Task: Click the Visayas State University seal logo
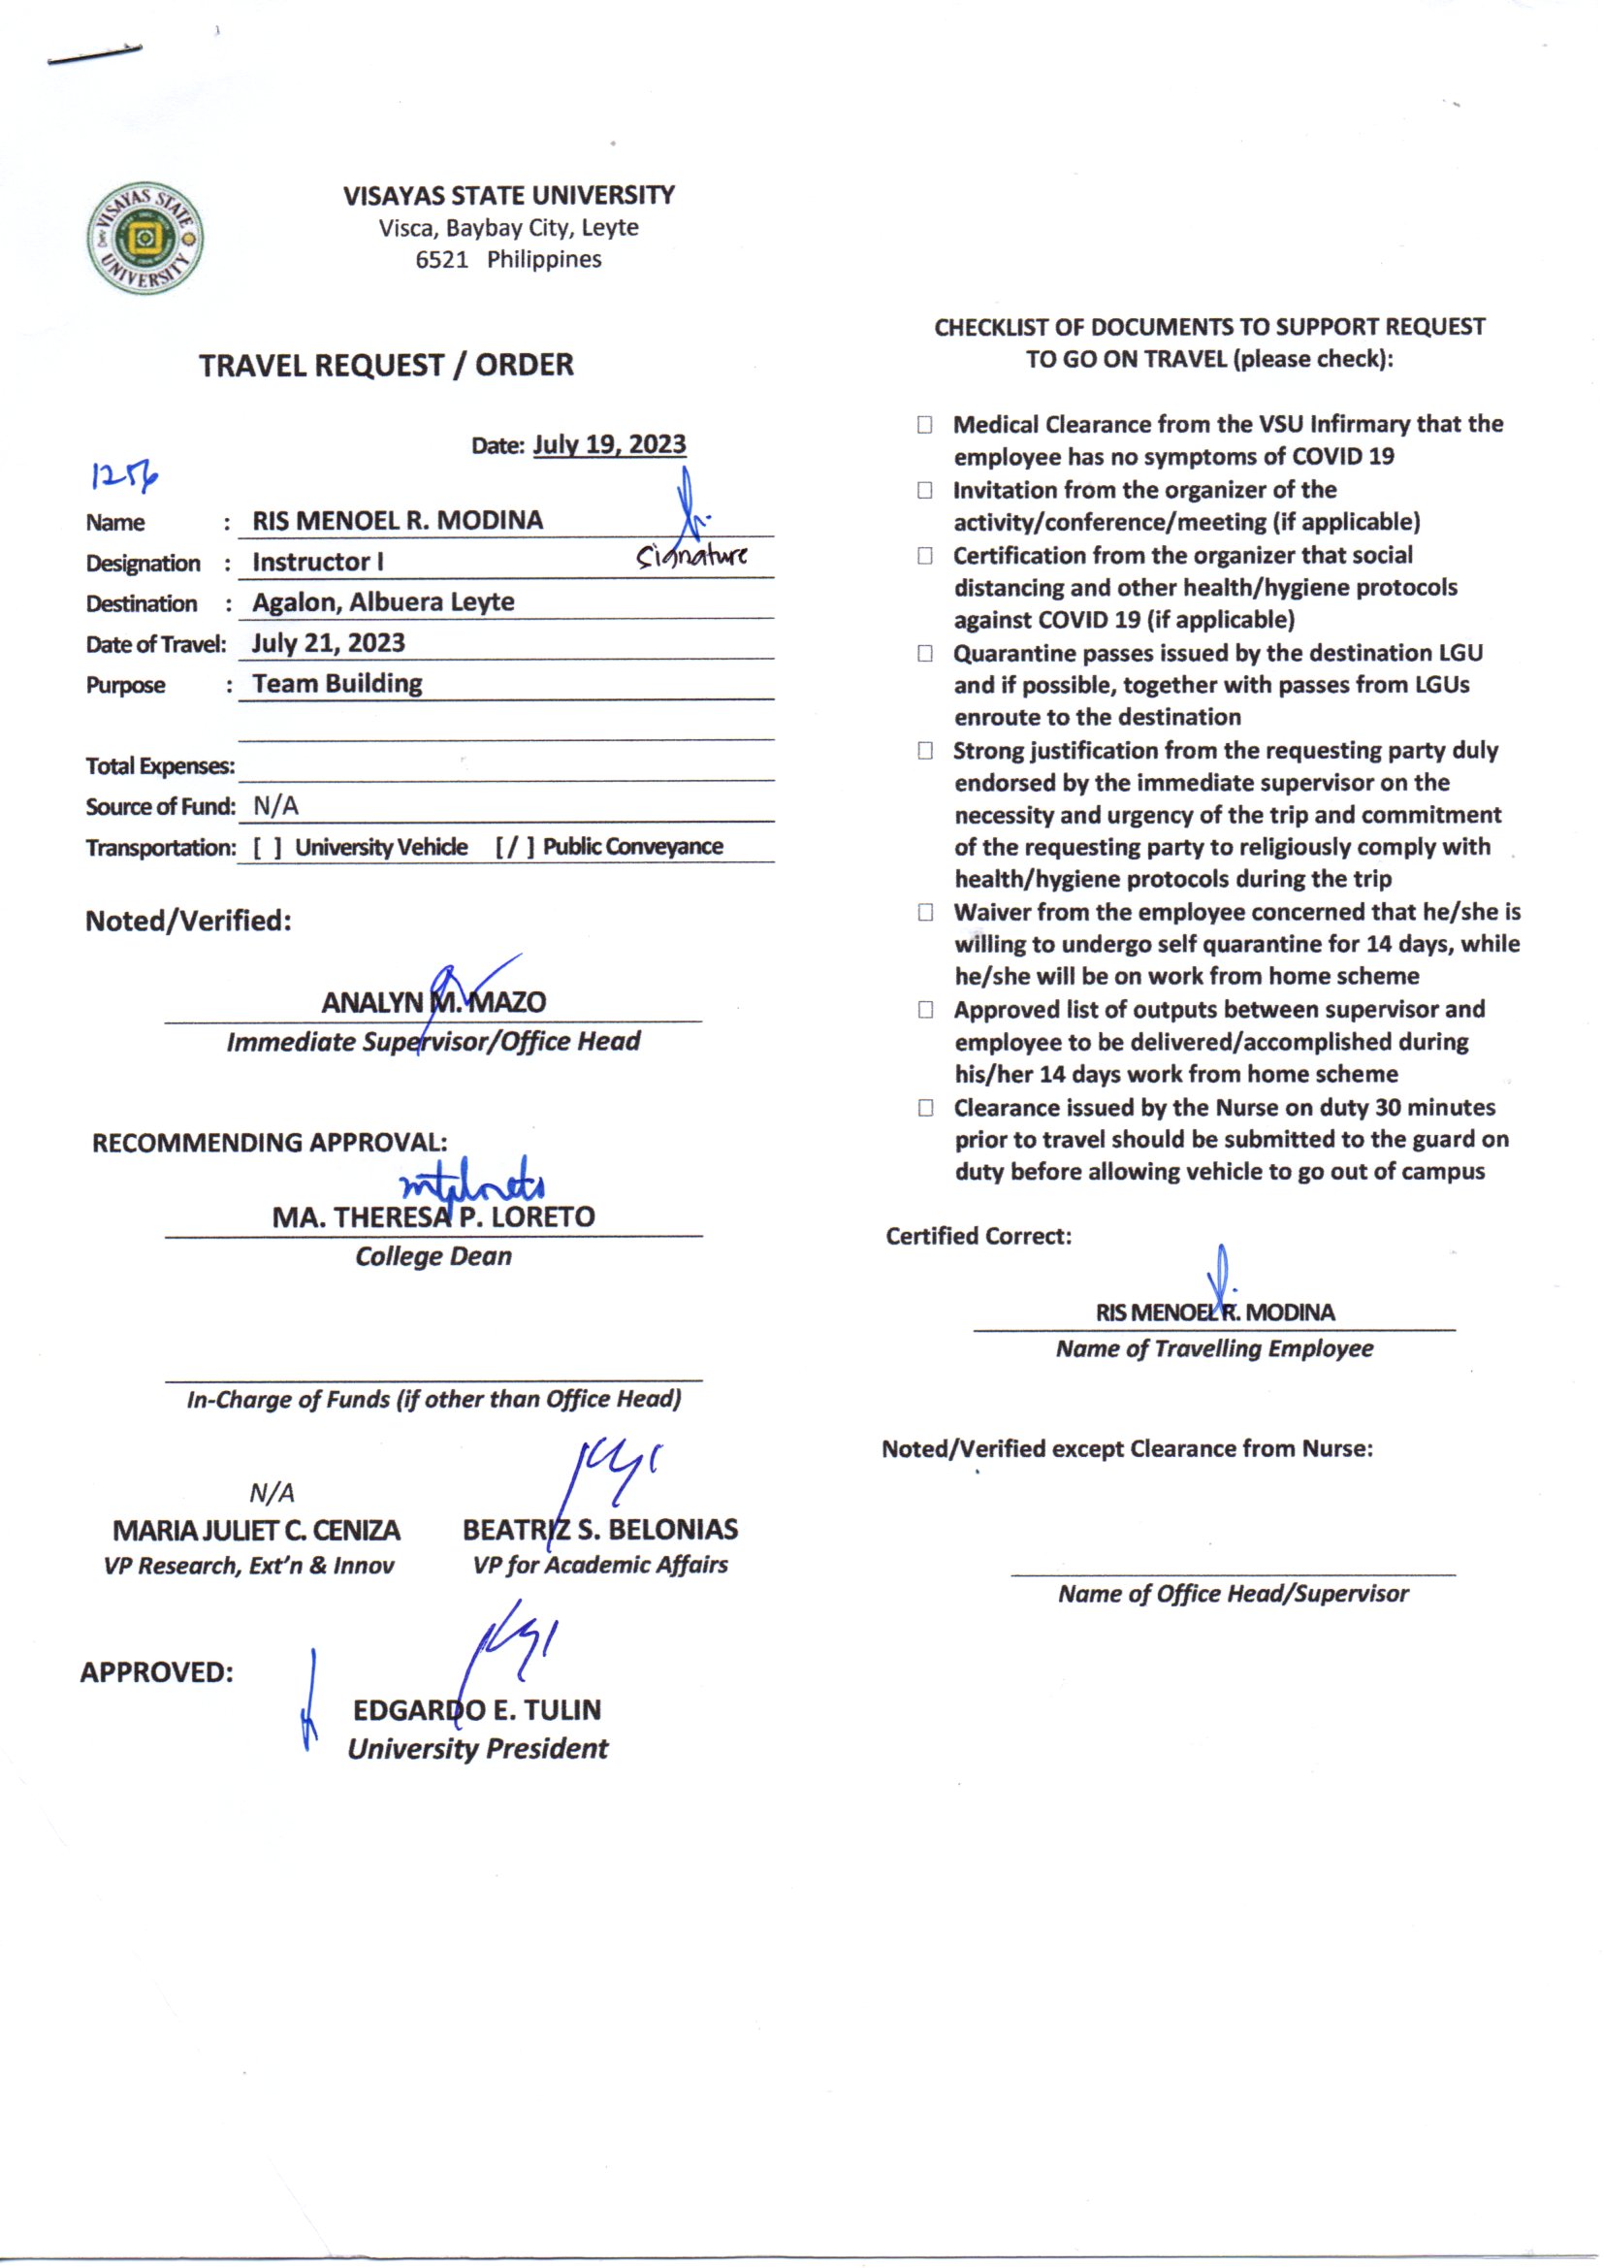click(x=145, y=238)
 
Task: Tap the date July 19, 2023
click(x=608, y=444)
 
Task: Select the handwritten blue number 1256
click(x=124, y=477)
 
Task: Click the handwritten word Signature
click(x=691, y=556)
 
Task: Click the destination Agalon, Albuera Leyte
click(x=383, y=602)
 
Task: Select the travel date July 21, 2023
click(x=328, y=643)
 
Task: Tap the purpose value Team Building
click(x=337, y=684)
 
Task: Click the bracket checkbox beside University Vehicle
click(x=267, y=848)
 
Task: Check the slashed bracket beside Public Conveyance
click(x=515, y=848)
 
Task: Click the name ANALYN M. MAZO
click(x=433, y=1003)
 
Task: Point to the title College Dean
click(x=433, y=1256)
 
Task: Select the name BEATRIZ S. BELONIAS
click(x=599, y=1530)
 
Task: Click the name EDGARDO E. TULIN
click(x=477, y=1710)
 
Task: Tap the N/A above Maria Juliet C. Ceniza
click(x=272, y=1493)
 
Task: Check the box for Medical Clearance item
click(x=924, y=425)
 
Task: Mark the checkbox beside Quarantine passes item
click(x=924, y=653)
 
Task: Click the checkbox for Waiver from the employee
click(x=924, y=912)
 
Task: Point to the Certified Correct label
click(x=978, y=1237)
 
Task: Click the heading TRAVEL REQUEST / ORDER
click(x=386, y=366)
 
